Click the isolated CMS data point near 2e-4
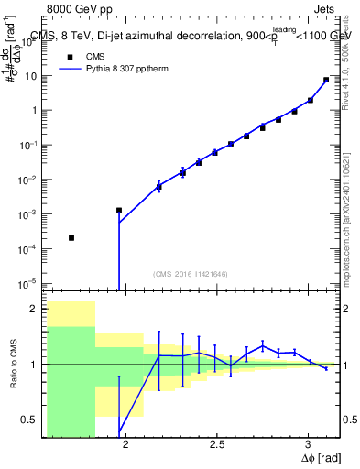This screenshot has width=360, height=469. click(71, 238)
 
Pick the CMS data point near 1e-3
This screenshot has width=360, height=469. click(119, 210)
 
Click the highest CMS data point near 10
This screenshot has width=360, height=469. click(326, 80)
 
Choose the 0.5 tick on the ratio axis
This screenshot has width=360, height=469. click(34, 420)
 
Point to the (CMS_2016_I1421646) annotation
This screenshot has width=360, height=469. click(191, 274)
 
